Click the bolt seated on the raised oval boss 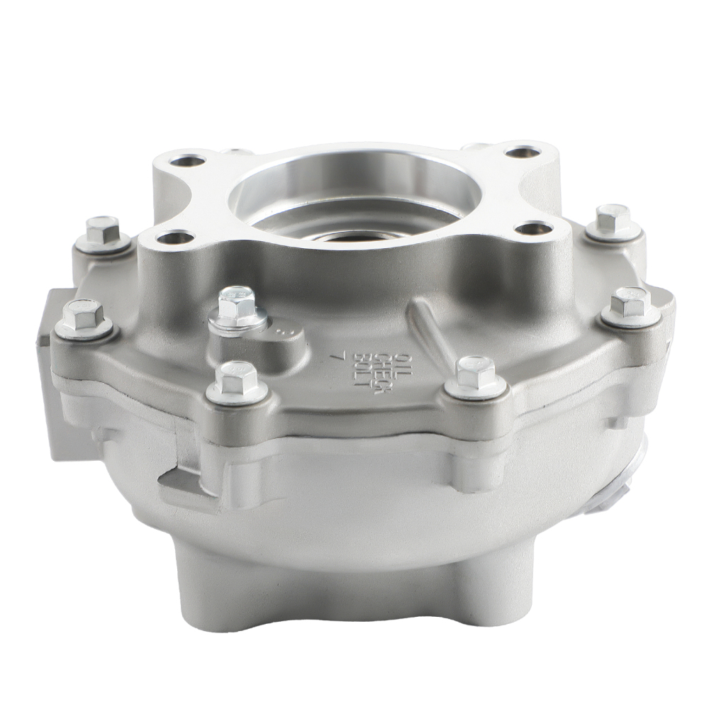[237, 307]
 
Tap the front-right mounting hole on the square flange [533, 228]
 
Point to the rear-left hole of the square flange [188, 160]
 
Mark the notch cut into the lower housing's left [181, 482]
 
